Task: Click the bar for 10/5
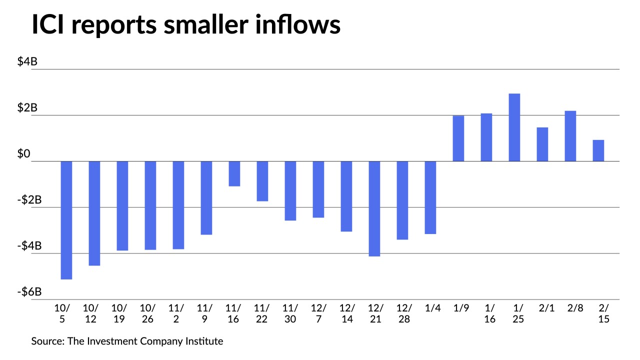[66, 220]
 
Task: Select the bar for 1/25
[514, 127]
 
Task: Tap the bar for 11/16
[234, 173]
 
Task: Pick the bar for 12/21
[374, 208]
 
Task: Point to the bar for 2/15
[598, 150]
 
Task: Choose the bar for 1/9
[458, 138]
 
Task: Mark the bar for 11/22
[262, 181]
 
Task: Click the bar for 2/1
[542, 144]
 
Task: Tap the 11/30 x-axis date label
[290, 313]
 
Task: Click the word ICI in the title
[51, 25]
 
